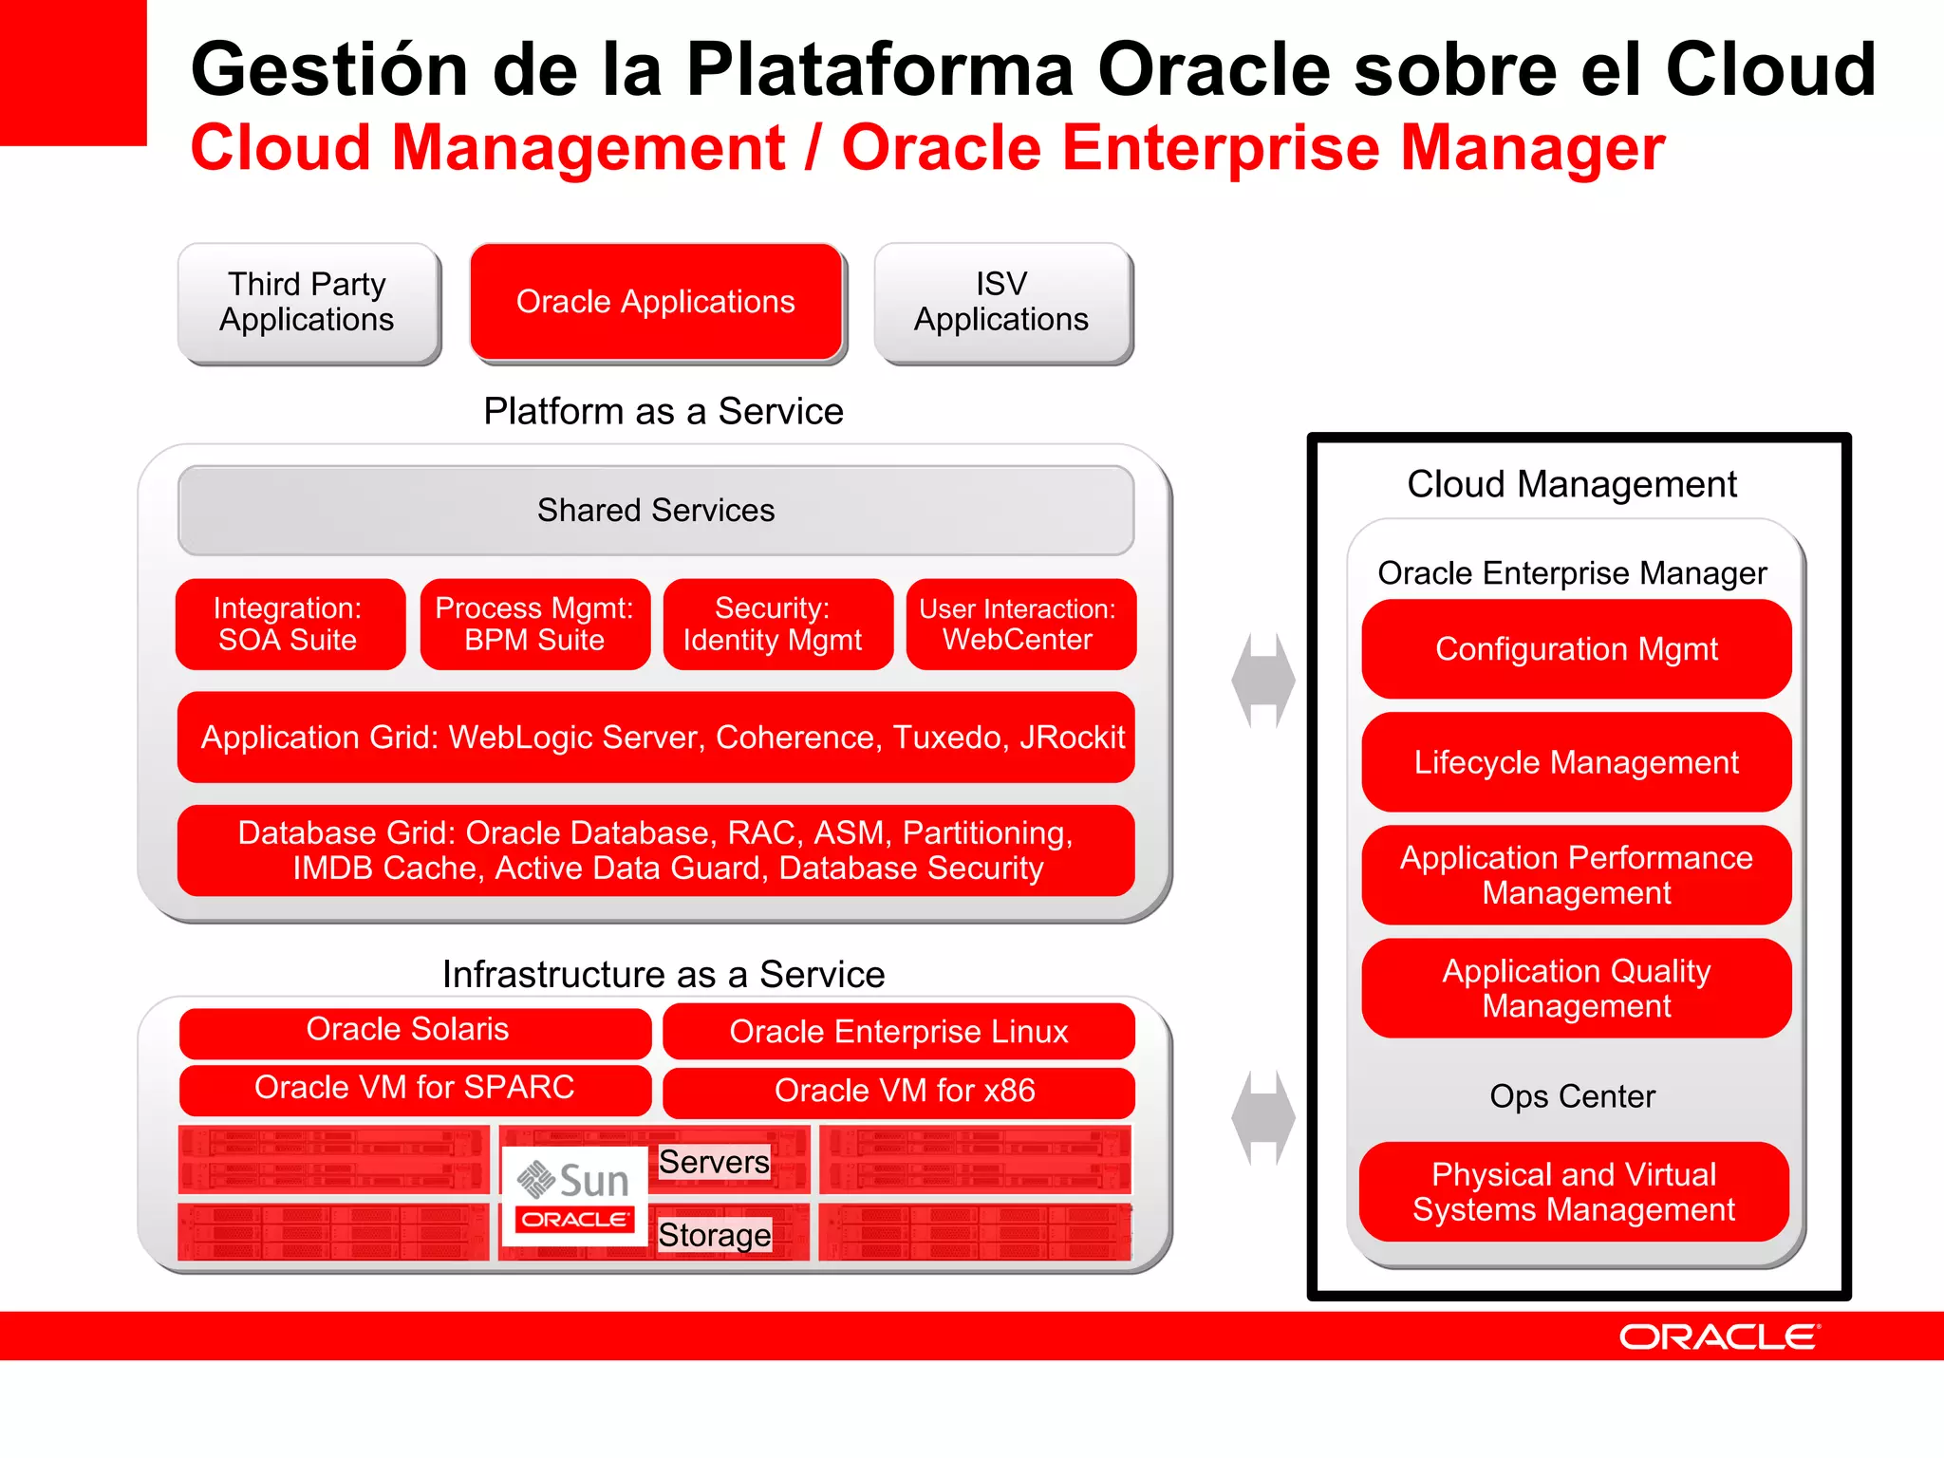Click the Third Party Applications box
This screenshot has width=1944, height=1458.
pos(308,302)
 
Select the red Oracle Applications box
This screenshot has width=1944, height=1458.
pos(656,302)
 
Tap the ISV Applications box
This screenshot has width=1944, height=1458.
pos(1002,302)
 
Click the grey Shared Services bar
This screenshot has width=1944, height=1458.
pos(656,511)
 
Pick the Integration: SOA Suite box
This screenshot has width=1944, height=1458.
pos(290,624)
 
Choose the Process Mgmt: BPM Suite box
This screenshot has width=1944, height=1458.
pos(534,624)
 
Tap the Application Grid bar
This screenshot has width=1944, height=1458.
pos(656,737)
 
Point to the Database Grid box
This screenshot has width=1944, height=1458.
pos(656,850)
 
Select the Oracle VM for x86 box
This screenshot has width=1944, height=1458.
pos(899,1091)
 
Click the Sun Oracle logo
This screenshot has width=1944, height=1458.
pos(574,1195)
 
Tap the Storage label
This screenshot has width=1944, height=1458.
pos(715,1235)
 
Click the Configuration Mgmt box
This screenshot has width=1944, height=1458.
pos(1576,649)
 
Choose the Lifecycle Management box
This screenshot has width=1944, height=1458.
pos(1576,762)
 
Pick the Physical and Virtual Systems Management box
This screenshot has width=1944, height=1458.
pos(1574,1192)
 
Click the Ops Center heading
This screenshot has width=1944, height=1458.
pos(1572,1096)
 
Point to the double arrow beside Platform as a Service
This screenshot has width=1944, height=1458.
pos(1262,681)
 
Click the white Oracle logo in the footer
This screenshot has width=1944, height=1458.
pos(1719,1337)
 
